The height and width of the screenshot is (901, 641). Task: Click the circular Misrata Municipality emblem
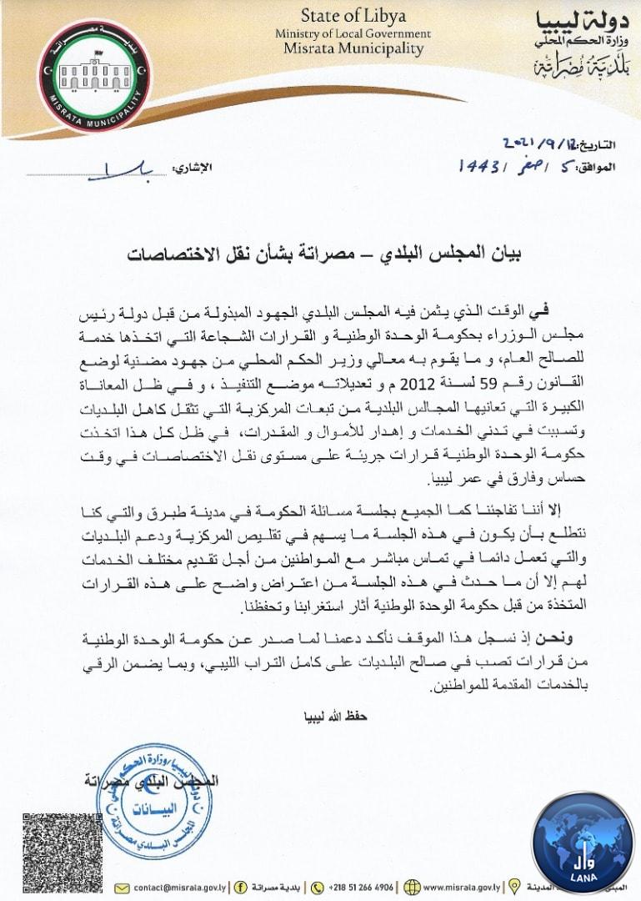94,76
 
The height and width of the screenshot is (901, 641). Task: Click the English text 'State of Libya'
353,15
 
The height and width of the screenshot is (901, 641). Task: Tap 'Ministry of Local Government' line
353,33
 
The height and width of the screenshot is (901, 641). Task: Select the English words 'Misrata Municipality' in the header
353,48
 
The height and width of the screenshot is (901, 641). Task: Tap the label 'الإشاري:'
193,168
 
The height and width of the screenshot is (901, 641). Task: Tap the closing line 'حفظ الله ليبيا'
333,716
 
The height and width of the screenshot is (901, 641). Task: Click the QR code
51,852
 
